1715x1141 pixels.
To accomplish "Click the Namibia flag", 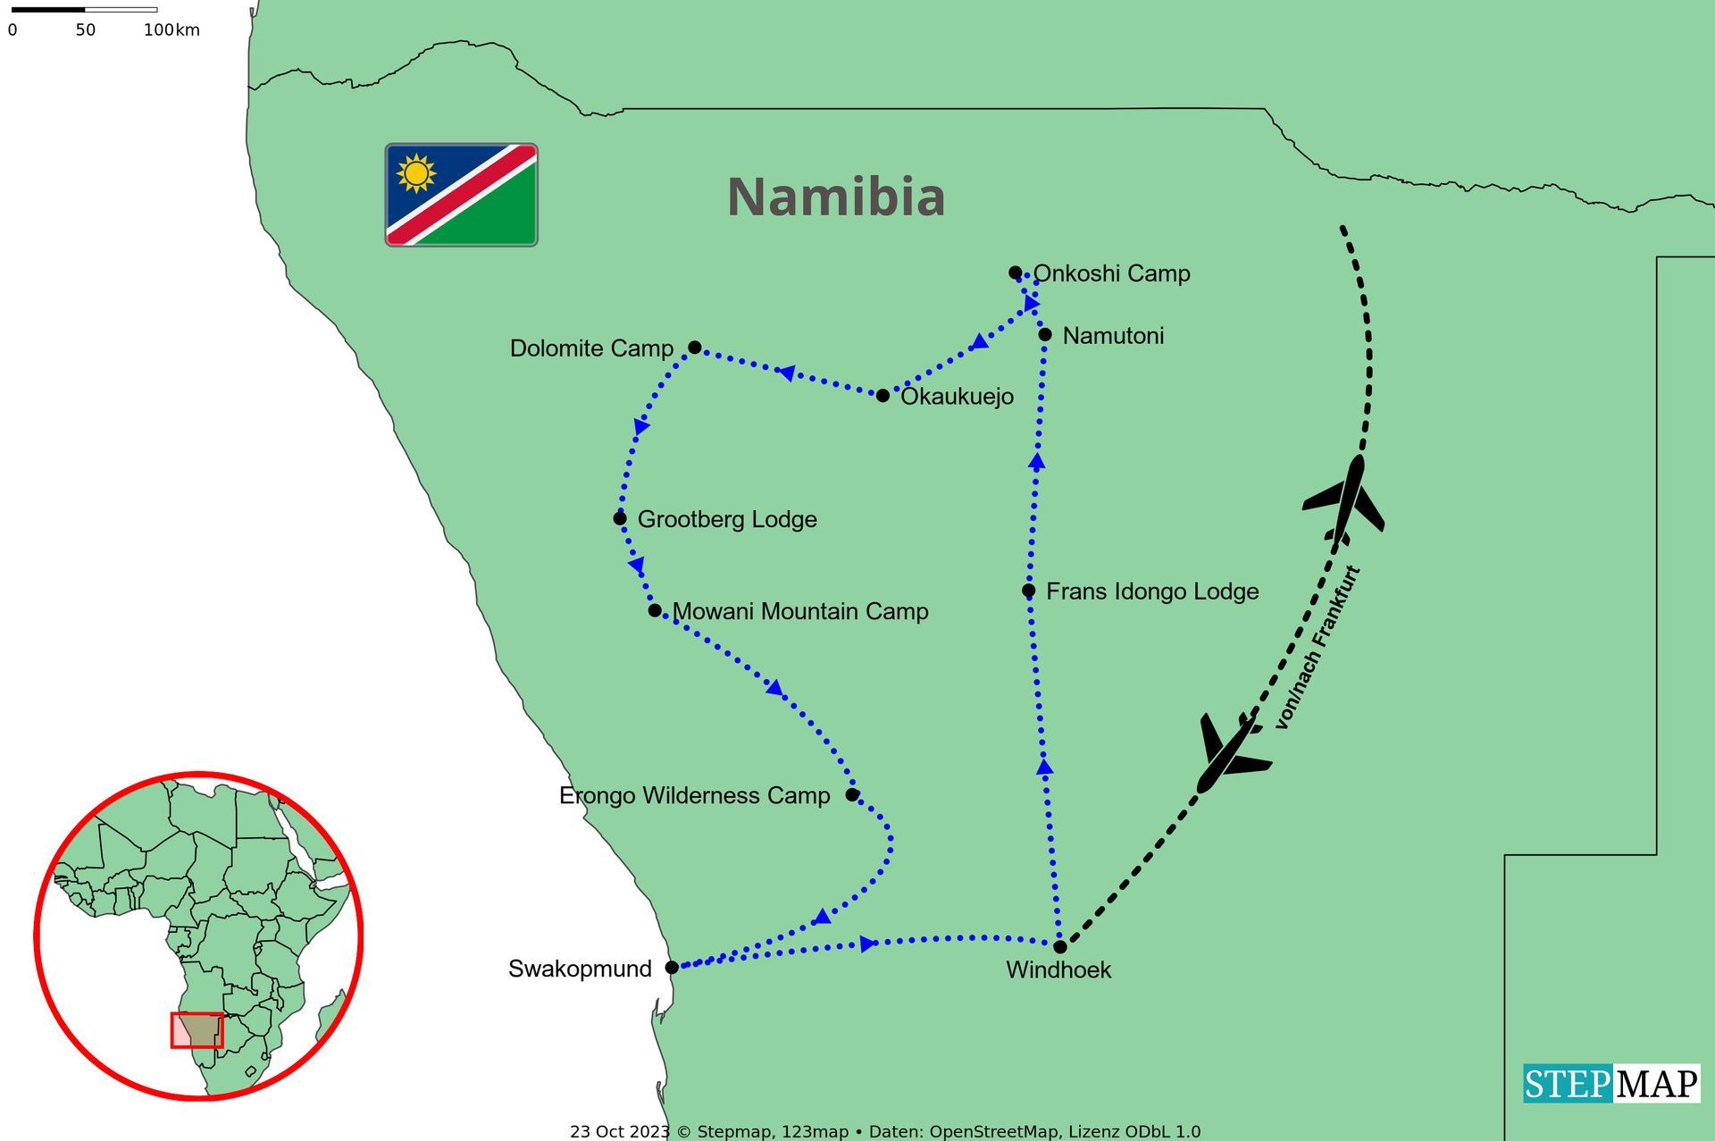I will coord(461,195).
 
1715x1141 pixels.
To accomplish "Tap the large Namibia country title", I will coord(835,197).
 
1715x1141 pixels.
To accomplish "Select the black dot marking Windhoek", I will coord(1059,946).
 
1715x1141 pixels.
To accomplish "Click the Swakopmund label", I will coord(580,969).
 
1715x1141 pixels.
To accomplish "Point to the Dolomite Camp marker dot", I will coord(694,347).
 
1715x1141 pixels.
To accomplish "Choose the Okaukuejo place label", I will coord(957,397).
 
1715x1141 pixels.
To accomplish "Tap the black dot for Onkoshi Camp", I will coord(1015,273).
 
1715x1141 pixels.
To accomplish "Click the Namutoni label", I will coord(1113,336).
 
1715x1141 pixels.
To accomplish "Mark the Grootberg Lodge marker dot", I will coord(620,518).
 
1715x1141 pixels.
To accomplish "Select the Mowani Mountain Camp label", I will coord(800,611).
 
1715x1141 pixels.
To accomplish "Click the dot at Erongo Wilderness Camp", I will coord(852,794).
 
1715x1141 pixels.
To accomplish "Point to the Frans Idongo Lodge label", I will coord(1152,591).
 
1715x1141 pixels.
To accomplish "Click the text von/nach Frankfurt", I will coord(1317,648).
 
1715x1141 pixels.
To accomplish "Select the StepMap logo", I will coord(1610,1084).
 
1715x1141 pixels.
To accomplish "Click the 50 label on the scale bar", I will coord(85,30).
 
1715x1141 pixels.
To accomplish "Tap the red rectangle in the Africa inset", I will coord(197,1030).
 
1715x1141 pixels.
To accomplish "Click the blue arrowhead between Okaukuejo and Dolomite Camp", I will coord(787,373).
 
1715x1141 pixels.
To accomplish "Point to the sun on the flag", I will coord(416,172).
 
